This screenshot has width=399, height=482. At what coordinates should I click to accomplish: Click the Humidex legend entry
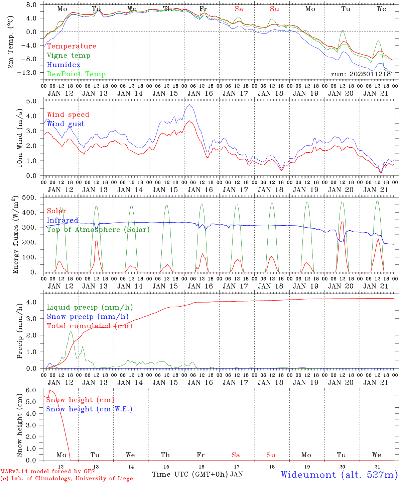[x=63, y=65]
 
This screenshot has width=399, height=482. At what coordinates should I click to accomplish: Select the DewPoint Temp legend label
[x=76, y=74]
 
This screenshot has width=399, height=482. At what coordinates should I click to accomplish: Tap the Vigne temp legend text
[x=69, y=56]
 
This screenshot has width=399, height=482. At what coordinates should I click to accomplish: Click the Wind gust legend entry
[x=65, y=124]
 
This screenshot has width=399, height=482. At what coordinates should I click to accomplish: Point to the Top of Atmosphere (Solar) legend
[x=98, y=230]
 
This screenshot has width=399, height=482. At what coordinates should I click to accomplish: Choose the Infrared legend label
[x=62, y=220]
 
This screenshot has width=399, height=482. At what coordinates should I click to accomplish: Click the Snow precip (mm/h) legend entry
[x=88, y=317]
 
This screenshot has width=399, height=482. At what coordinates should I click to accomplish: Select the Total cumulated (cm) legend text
[x=89, y=326]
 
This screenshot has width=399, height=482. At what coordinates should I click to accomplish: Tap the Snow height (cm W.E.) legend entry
[x=89, y=409]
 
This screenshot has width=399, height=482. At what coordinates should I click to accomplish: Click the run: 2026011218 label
[x=361, y=74]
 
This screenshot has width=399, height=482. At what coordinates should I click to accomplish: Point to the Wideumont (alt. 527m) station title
[x=339, y=475]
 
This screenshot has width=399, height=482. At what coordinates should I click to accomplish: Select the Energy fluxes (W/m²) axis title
[x=15, y=236]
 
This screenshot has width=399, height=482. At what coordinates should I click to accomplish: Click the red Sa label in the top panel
[x=239, y=9]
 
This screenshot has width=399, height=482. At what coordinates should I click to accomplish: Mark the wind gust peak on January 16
[x=189, y=104]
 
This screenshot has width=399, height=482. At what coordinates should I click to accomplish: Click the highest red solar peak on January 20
[x=342, y=222]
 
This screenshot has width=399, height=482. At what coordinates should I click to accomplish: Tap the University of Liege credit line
[x=66, y=479]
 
